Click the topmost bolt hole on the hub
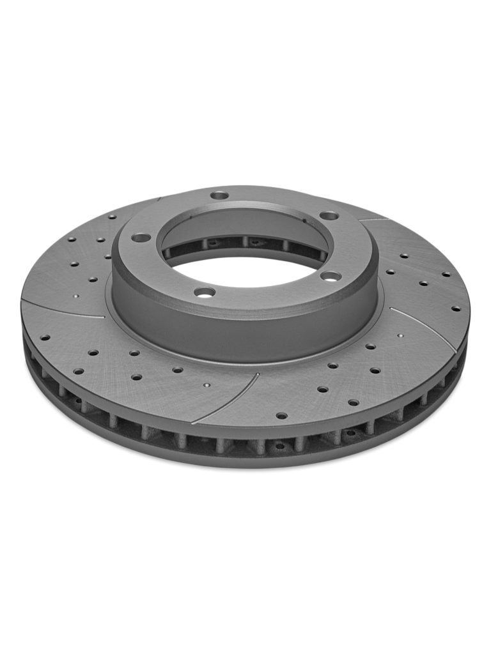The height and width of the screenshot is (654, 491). (x=219, y=195)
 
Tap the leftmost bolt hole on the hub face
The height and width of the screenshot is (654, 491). (x=141, y=238)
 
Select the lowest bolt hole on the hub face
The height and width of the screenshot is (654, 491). (x=205, y=292)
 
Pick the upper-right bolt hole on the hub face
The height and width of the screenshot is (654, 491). (x=329, y=216)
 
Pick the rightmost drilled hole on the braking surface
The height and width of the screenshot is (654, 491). (x=456, y=308)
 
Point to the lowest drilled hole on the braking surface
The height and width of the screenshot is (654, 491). (x=281, y=416)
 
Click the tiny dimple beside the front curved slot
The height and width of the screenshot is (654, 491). (x=206, y=385)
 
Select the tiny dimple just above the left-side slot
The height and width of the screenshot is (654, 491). (x=75, y=296)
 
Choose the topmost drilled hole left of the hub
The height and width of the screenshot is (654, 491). (x=112, y=217)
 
